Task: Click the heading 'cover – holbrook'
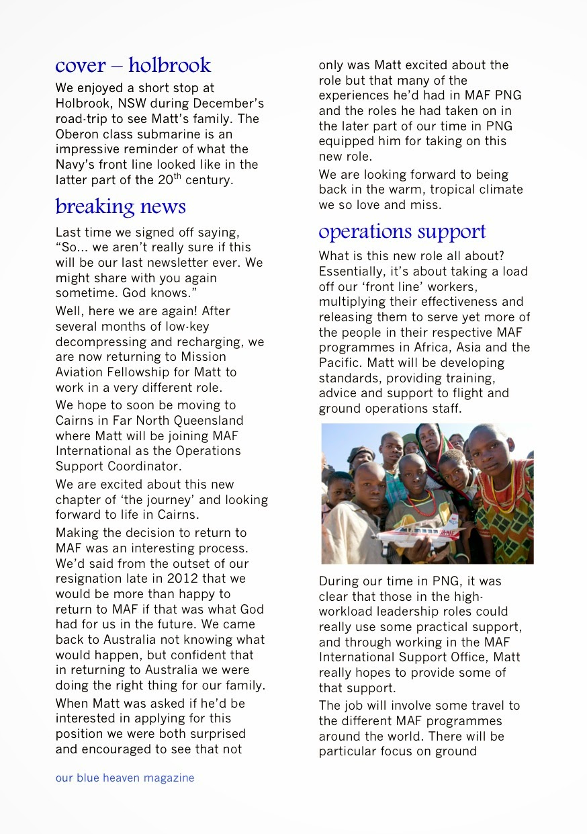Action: [x=133, y=66]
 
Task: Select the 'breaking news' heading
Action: [x=121, y=206]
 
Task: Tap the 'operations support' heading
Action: [x=402, y=232]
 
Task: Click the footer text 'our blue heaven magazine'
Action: [x=125, y=778]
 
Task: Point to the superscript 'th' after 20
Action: [x=179, y=177]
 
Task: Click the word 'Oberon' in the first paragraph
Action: [x=77, y=134]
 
